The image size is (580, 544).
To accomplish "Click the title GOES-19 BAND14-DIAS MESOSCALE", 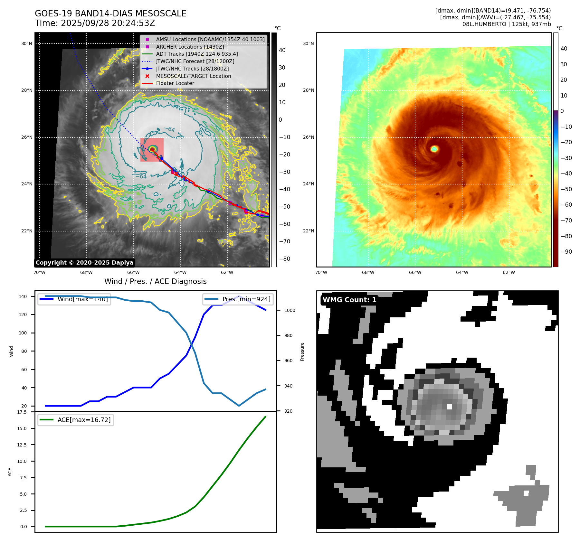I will (x=110, y=14).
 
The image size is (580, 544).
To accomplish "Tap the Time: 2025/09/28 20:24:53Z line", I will (x=95, y=23).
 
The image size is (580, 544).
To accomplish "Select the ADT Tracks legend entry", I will (x=197, y=54).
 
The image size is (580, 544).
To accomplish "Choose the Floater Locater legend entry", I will (x=175, y=83).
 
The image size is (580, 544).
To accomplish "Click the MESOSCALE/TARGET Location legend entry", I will (x=193, y=76).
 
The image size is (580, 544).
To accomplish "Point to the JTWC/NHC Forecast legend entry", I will (x=195, y=61).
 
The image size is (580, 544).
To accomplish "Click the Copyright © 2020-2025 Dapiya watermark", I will (x=84, y=263).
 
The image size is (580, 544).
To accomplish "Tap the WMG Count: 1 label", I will (x=349, y=300).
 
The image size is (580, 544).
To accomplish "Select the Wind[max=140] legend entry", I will (x=82, y=299).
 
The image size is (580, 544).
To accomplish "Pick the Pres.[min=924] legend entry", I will (x=246, y=299).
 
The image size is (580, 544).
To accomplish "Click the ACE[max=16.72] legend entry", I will (x=84, y=420).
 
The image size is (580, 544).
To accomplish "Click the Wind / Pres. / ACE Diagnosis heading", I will (x=155, y=282).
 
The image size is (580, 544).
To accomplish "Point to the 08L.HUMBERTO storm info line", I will (x=506, y=24).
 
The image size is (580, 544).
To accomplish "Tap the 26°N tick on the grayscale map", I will (x=27, y=137).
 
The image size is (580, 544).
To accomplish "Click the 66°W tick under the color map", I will (x=415, y=273).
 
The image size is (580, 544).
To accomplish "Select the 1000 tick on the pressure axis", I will (x=290, y=311).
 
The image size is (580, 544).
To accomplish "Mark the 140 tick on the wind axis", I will (x=23, y=296).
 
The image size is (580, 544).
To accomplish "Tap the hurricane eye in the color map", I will (x=434, y=149).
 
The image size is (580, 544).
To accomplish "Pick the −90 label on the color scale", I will (x=566, y=252).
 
